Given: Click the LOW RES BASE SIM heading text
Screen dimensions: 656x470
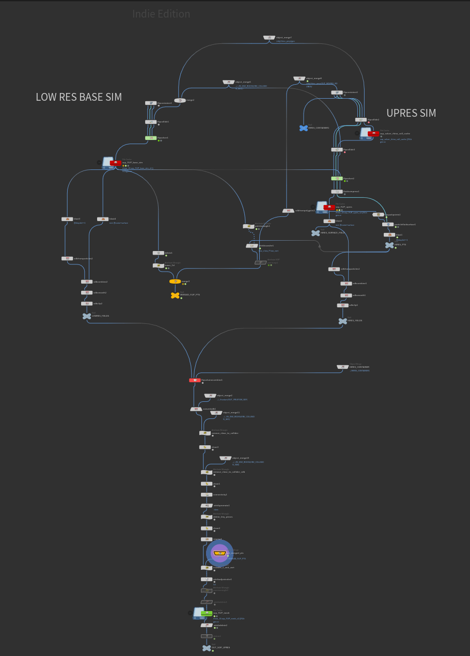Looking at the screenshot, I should pos(79,97).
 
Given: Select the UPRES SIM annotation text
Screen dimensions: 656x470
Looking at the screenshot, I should pos(411,113).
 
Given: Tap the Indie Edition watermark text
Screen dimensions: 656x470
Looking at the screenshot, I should pos(161,14).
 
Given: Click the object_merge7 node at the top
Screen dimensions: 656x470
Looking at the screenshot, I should pos(270,38).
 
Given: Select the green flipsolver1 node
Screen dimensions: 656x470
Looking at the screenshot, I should pos(150,138).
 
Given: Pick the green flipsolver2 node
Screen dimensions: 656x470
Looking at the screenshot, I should pos(337,178).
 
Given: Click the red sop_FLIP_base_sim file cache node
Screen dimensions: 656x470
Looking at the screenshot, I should pos(115,163).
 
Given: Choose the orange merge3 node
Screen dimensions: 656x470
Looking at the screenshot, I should pos(175,282).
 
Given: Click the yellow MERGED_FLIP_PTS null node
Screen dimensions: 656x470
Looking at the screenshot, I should pos(175,295).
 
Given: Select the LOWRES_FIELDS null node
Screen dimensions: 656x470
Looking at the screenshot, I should pos(87,316).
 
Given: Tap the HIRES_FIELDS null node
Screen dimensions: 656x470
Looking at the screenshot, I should pos(342,321).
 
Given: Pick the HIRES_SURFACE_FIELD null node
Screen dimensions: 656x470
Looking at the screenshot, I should pos(316,233).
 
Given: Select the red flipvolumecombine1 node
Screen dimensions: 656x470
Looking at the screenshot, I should pos(195,380).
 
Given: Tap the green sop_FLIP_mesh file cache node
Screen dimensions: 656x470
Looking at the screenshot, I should pos(206,613).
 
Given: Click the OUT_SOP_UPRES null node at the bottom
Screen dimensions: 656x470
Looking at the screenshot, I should pos(207,648).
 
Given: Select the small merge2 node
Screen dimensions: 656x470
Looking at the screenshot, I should pos(180,100).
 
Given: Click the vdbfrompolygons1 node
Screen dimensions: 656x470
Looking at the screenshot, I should pos(288,211).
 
